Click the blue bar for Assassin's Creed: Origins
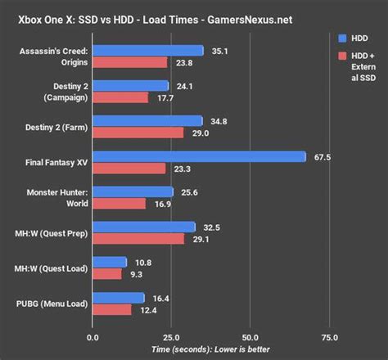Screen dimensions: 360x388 pos(148,51)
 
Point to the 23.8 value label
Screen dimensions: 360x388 pos(183,62)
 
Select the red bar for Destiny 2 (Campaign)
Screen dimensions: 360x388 pos(120,97)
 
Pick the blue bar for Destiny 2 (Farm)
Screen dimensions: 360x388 pos(147,121)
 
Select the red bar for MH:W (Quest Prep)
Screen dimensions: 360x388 pos(138,239)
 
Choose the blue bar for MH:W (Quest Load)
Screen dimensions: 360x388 pos(110,262)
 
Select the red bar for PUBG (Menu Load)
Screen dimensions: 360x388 pos(112,309)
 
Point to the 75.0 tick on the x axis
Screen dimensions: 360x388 pos(328,336)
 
